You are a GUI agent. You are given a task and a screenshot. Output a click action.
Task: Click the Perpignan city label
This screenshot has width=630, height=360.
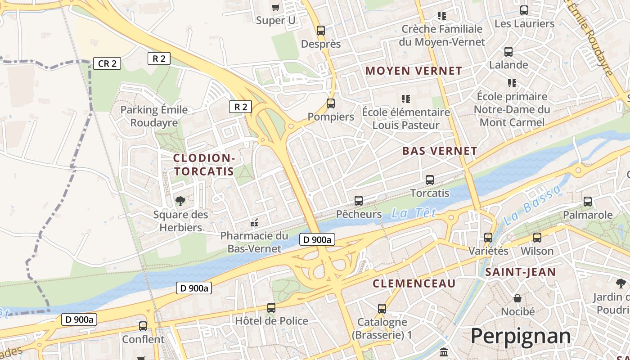click(x=521, y=336)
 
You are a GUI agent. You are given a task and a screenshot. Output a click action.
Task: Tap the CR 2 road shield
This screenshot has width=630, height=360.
click(x=107, y=63)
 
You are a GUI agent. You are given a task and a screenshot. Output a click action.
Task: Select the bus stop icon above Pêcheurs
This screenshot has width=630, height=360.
click(x=359, y=201)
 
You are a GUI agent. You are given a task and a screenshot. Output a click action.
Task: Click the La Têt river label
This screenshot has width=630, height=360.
click(x=414, y=213)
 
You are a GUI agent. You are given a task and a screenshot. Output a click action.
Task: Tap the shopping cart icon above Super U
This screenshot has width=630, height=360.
click(x=276, y=7)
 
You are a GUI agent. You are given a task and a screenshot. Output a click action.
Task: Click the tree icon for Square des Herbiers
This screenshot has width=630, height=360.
click(x=180, y=201)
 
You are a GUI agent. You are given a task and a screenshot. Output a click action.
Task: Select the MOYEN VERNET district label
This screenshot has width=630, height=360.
click(x=414, y=71)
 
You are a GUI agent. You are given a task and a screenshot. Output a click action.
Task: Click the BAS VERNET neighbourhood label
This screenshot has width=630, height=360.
click(x=440, y=151)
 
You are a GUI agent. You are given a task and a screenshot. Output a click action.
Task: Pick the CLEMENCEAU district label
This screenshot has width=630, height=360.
click(x=414, y=283)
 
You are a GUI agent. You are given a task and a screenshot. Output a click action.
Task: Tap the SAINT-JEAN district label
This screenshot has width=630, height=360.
click(x=520, y=272)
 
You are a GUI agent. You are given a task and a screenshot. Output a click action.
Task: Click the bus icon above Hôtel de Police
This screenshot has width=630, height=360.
click(x=271, y=308)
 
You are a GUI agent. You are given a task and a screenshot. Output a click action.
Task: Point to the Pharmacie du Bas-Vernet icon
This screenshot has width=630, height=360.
click(x=254, y=222)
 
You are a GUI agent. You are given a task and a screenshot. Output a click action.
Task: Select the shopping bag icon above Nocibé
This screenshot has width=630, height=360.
click(x=517, y=298)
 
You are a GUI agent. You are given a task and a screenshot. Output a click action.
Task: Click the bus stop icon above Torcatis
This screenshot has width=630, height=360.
click(x=430, y=180)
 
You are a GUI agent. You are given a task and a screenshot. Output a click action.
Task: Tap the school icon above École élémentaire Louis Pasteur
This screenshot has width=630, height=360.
click(x=405, y=99)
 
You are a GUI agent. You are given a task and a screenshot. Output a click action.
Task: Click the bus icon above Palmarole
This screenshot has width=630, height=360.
click(x=588, y=202)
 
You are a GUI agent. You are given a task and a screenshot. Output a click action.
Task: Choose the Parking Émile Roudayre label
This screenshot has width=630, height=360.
click(x=154, y=116)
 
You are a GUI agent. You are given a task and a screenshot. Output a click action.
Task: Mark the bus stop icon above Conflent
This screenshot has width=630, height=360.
click(x=143, y=326)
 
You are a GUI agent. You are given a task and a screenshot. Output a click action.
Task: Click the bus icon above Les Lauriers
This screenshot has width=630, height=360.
click(x=524, y=10)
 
